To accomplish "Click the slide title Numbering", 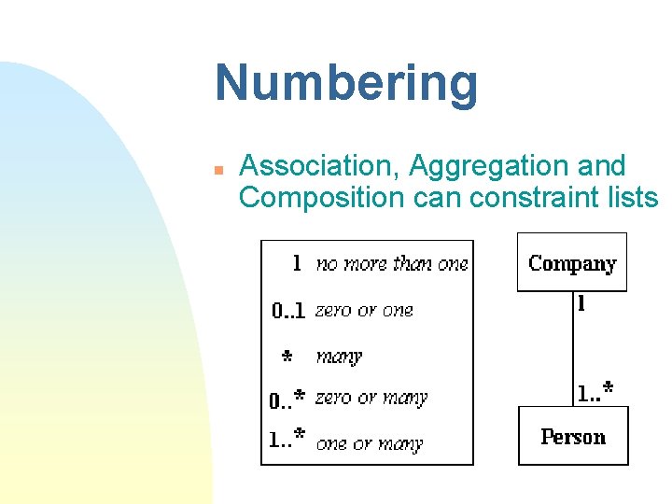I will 346,84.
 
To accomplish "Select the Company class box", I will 572,262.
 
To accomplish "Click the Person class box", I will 573,436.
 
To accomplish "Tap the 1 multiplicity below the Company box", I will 582,303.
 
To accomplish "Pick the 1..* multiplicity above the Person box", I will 595,393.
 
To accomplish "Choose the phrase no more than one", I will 392,264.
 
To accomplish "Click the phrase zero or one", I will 364,310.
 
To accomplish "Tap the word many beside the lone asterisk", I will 339,356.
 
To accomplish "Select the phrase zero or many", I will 371,398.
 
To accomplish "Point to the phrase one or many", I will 370,443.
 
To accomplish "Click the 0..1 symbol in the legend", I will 288,311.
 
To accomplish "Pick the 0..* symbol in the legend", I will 287,399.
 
